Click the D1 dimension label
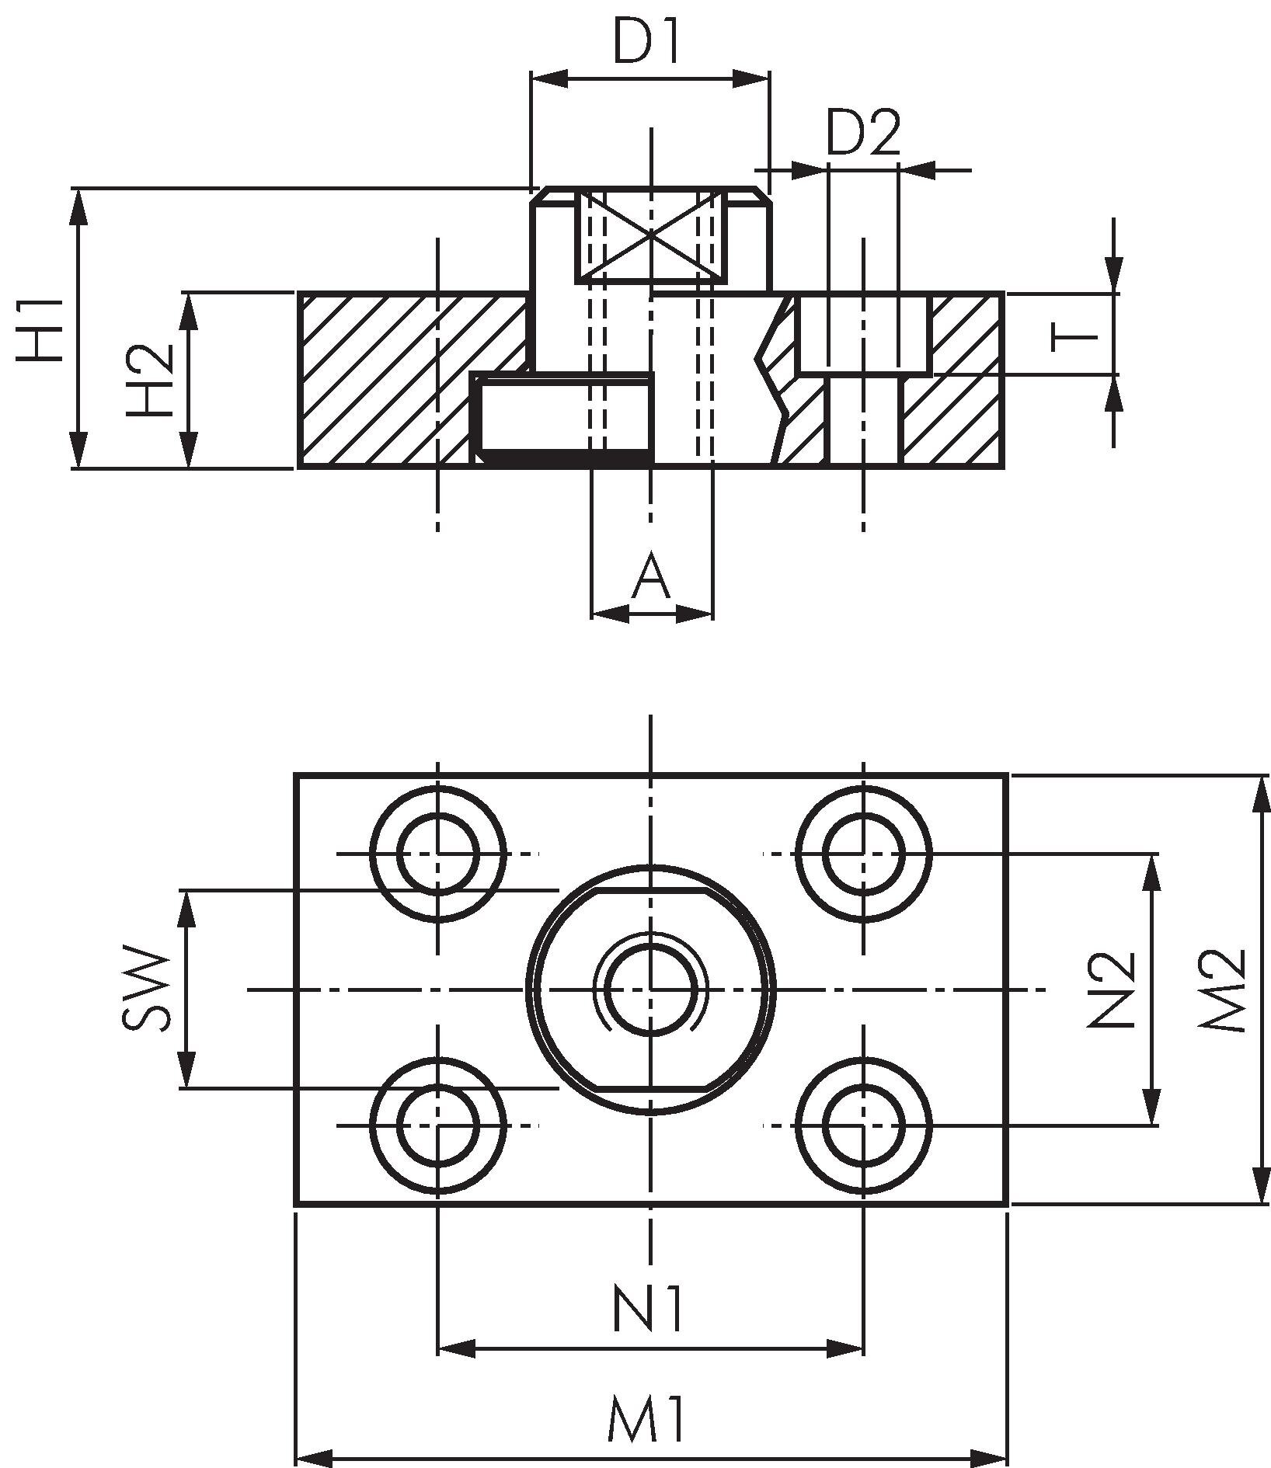[x=646, y=43]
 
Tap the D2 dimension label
[x=862, y=133]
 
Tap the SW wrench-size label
[x=146, y=988]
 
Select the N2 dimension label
[x=1111, y=989]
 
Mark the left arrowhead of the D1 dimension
[x=548, y=78]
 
